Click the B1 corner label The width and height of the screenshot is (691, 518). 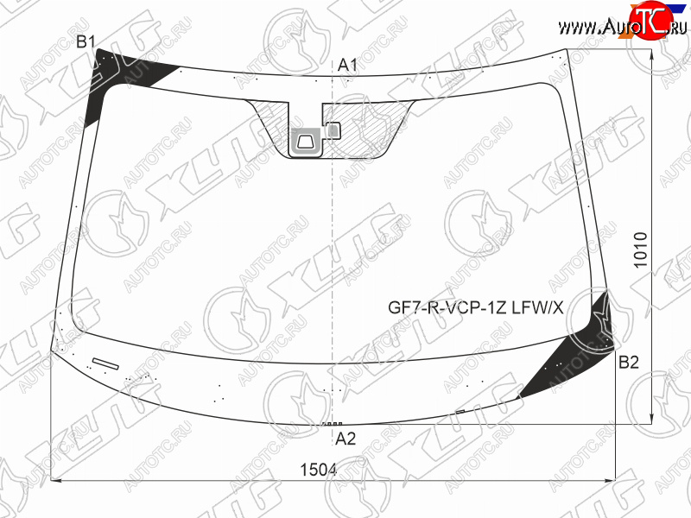(x=86, y=42)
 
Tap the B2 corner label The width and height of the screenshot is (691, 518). (x=629, y=362)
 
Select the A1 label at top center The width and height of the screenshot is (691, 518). (x=347, y=66)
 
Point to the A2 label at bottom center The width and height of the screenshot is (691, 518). (x=345, y=439)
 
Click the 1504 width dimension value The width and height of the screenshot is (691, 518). (x=318, y=470)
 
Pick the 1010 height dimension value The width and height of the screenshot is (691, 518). (x=640, y=250)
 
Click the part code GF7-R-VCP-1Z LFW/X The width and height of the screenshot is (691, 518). (x=476, y=307)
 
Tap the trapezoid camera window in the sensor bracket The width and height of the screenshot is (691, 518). (x=306, y=142)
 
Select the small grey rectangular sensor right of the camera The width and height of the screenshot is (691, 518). (x=333, y=130)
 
